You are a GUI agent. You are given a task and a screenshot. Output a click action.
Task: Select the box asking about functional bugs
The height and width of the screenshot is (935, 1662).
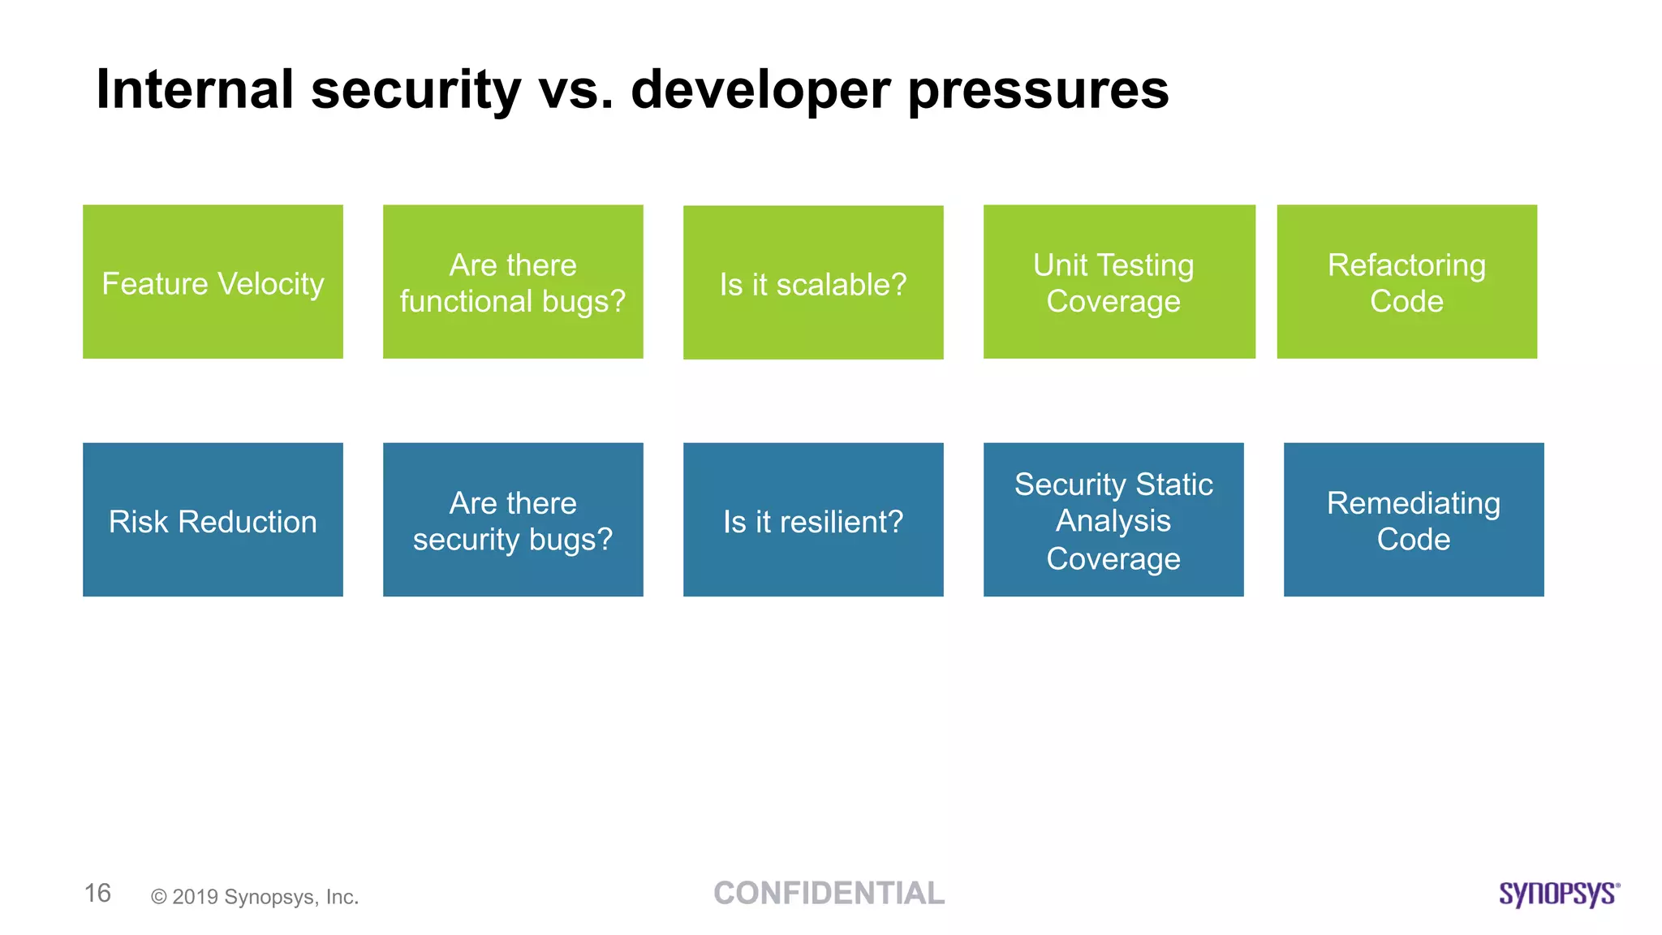513,282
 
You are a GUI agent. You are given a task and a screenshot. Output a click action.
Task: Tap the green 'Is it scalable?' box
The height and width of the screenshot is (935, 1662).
813,282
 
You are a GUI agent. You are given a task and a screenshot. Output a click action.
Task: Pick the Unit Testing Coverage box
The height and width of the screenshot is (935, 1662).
1118,282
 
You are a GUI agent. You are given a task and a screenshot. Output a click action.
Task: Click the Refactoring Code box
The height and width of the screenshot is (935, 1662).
1406,282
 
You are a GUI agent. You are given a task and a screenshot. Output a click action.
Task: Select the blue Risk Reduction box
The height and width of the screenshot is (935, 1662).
213,519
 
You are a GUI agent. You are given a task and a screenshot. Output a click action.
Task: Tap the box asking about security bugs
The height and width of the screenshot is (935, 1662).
513,519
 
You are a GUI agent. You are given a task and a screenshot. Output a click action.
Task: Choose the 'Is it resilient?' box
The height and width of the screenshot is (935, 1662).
813,519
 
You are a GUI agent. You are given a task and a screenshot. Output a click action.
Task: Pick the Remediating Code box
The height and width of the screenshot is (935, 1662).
1414,519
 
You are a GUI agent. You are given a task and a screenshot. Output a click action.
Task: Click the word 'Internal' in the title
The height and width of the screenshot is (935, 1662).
195,88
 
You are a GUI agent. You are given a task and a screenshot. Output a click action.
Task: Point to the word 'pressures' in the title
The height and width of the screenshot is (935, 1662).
1038,90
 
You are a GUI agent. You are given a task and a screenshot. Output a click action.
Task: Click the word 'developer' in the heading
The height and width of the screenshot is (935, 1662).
760,90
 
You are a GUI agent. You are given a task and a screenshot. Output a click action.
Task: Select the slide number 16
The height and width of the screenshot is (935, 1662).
97,893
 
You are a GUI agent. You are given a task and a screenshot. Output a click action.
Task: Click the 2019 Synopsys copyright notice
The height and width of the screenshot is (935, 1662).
255,897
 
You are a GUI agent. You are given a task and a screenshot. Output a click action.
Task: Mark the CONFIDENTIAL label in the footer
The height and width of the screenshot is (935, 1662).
829,893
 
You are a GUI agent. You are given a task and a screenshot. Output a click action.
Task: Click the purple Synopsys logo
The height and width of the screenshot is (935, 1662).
1559,894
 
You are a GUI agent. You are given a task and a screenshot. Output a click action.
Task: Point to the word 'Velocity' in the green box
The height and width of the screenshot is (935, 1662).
271,284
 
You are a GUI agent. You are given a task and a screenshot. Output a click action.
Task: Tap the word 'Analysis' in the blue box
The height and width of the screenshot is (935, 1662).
1113,520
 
